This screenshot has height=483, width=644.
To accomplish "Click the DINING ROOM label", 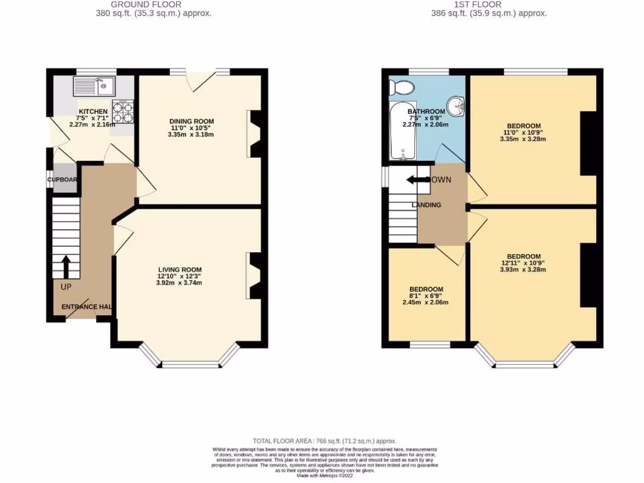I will pos(192,121).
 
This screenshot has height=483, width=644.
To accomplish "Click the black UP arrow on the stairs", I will pos(65,266).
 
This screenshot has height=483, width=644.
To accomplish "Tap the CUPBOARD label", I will pos(62,180).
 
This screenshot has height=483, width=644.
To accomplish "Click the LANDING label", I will pos(426,205).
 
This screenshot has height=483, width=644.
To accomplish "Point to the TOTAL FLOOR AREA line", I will pos(325,441).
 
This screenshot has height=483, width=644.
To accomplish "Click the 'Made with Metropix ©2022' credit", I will pos(325,475).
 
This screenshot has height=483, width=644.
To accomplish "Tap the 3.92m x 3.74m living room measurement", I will pos(179,283).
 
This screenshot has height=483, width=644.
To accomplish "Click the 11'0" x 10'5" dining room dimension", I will pos(192,128).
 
